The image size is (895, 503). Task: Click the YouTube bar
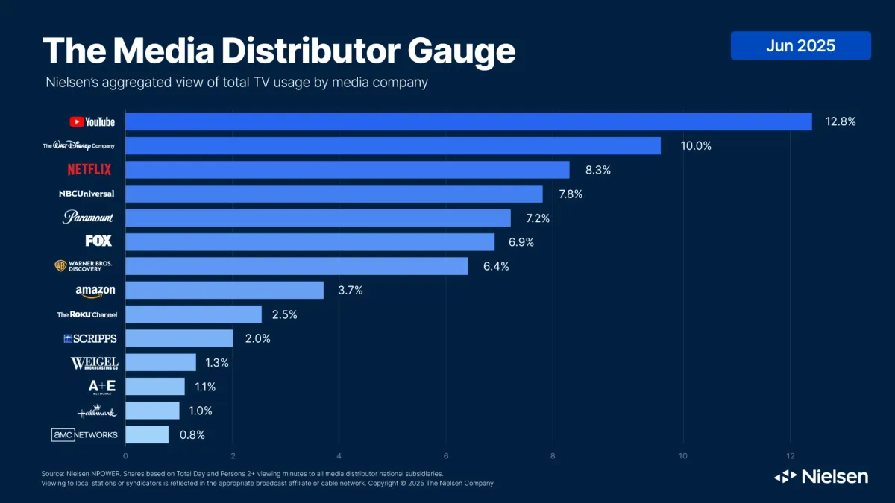coord(468,121)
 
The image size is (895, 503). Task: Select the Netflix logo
coord(89,170)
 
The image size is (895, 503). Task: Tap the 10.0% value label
coord(696,146)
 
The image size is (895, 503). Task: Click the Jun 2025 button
coord(800,45)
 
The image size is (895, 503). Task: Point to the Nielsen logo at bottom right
coord(820,476)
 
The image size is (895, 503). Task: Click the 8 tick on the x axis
coord(553,455)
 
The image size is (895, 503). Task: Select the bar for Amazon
coord(224,290)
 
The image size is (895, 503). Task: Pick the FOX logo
coord(98,241)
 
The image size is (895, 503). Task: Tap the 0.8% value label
coord(192,434)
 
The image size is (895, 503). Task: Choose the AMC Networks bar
coord(147,434)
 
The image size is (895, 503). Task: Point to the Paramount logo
coord(88,218)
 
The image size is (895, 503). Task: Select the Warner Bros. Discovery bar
coord(297,266)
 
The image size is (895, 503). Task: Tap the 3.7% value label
coord(350,291)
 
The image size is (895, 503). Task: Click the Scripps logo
coord(90,338)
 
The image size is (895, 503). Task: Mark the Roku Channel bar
coord(193,314)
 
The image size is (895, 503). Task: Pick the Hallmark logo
coord(97,411)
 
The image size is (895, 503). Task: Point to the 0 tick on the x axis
coord(125,455)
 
